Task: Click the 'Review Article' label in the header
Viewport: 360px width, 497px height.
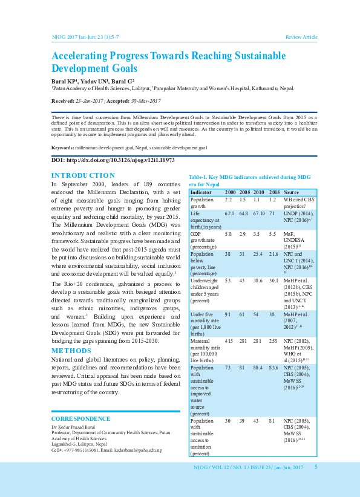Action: (x=301, y=37)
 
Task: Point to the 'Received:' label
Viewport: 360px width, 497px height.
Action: (x=64, y=100)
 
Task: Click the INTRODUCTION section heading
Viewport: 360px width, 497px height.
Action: (x=83, y=175)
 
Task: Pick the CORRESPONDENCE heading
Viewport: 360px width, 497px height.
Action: (x=80, y=418)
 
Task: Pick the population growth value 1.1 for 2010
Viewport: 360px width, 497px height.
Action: (x=257, y=199)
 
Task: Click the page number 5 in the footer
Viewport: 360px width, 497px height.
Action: (x=316, y=467)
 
